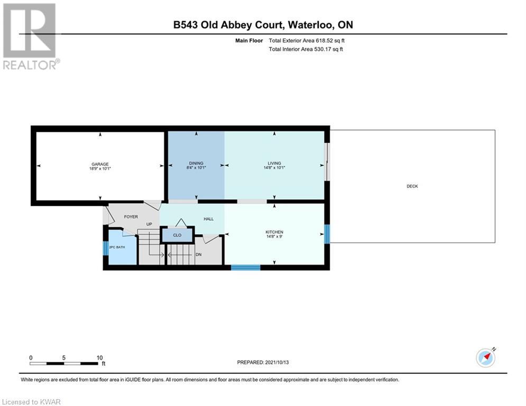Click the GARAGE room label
100,164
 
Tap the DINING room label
196,163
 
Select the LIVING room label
274,163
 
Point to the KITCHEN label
274,232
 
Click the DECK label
412,186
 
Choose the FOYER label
131,217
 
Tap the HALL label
209,219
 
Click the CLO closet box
178,235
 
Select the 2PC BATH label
117,247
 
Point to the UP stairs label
149,224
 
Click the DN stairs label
199,255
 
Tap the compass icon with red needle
486,358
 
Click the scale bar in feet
64,363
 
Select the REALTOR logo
31,36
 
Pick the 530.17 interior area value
322,49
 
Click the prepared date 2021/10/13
277,362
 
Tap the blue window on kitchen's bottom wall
246,267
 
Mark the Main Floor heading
249,41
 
